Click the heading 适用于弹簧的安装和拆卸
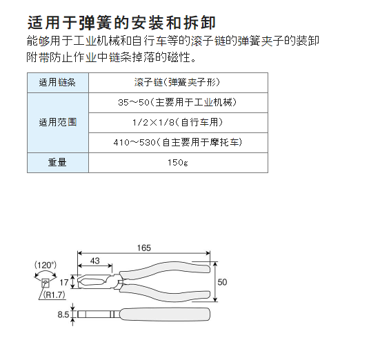pos(121,23)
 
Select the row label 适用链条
pos(57,83)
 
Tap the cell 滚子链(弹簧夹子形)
pos(177,83)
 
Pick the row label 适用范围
pos(58,122)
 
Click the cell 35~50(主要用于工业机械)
pos(177,103)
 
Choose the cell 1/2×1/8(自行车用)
pos(178,123)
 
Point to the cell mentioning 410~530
pos(178,142)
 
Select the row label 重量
pos(57,162)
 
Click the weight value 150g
pos(178,163)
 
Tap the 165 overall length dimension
pos(144,248)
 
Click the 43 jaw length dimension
pos(95,261)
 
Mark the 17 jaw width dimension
pos(64,283)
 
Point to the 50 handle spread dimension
pos(222,282)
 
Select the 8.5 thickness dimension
pos(63,314)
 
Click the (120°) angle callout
pos(46,265)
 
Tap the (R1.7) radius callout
pos(54,294)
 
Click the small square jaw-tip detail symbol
pos(46,283)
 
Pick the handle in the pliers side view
pos(165,314)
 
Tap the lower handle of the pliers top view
pos(166,294)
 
